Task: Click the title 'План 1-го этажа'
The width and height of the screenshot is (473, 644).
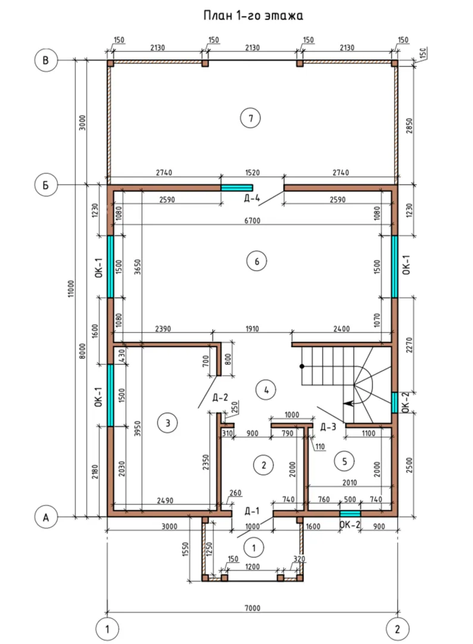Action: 253,16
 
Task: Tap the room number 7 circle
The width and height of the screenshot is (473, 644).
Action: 250,118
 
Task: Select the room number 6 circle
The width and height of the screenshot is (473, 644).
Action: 257,261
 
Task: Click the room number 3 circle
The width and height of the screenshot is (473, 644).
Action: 167,423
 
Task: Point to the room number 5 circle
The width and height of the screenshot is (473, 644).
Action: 344,461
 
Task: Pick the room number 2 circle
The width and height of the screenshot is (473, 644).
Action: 263,465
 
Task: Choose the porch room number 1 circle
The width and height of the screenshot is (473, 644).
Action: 254,547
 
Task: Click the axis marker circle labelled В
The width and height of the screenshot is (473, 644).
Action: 45,60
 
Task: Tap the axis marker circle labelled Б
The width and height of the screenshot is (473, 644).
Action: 45,185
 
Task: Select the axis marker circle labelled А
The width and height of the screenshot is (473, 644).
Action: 45,517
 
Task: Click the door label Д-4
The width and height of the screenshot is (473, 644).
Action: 251,199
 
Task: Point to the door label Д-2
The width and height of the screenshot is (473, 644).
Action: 220,397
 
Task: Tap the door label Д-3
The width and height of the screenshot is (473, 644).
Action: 328,427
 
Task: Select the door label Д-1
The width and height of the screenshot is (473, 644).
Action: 252,511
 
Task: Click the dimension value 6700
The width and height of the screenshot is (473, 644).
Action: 253,221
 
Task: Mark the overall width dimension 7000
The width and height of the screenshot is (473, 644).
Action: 253,608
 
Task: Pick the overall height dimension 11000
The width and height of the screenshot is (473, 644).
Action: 71,289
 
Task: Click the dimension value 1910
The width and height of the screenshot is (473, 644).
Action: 253,329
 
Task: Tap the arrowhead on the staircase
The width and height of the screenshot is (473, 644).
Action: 348,403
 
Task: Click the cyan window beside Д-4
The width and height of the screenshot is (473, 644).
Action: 236,188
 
